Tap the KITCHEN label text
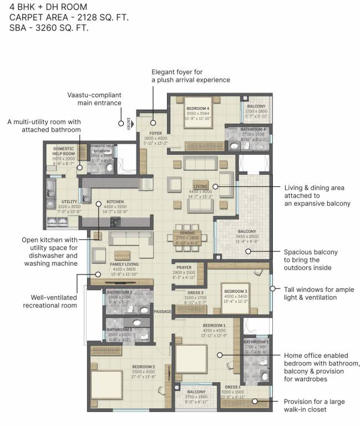tap(115, 202)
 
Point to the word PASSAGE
tap(163, 311)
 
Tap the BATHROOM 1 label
tap(256, 342)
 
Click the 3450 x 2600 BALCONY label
tap(247, 231)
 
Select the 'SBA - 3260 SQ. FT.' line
tap(49, 27)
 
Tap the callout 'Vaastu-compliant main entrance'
tap(94, 99)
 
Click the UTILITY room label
tap(69, 202)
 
